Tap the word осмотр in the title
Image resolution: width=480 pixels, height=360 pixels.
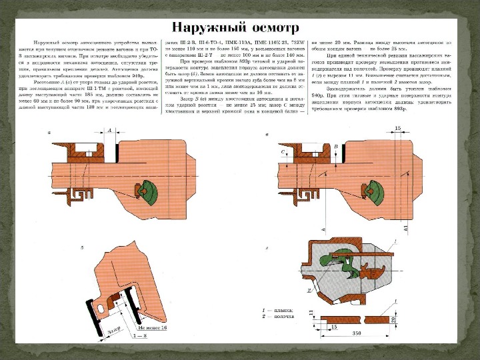pos(273,28)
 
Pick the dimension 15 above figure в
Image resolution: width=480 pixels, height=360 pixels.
pos(397,127)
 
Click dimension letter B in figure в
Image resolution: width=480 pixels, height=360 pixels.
pos(336,145)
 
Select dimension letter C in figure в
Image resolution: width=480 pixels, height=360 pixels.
pos(284,153)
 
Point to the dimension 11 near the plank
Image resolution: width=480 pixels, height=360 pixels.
pos(311,312)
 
